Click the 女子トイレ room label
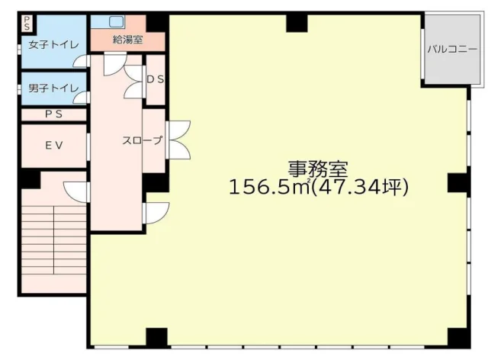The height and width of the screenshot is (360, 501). coord(53,45)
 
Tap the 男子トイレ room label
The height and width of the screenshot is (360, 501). coord(53,88)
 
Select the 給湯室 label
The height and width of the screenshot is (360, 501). coord(127,40)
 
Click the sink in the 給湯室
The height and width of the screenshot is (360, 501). coord(116,21)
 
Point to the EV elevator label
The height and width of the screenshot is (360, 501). coord(53,146)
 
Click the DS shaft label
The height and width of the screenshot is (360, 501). coord(156,79)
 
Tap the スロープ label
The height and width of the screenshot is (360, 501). coord(142,140)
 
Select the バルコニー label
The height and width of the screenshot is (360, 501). coord(452,49)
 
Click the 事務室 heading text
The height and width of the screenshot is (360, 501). coord(317,169)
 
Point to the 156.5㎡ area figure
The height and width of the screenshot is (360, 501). coord(270,187)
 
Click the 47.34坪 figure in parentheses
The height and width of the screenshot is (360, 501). coord(360,187)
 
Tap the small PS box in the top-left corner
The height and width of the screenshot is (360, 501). coord(27,24)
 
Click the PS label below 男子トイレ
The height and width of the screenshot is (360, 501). coord(53,114)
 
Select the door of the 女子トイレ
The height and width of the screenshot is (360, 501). coord(80,61)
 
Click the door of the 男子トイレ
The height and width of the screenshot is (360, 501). coord(80,98)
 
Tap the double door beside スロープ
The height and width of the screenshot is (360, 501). coord(178,140)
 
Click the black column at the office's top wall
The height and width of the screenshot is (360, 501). coord(297,23)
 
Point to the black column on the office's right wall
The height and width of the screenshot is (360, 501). coord(458,183)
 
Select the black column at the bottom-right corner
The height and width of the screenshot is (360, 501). coord(458,337)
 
